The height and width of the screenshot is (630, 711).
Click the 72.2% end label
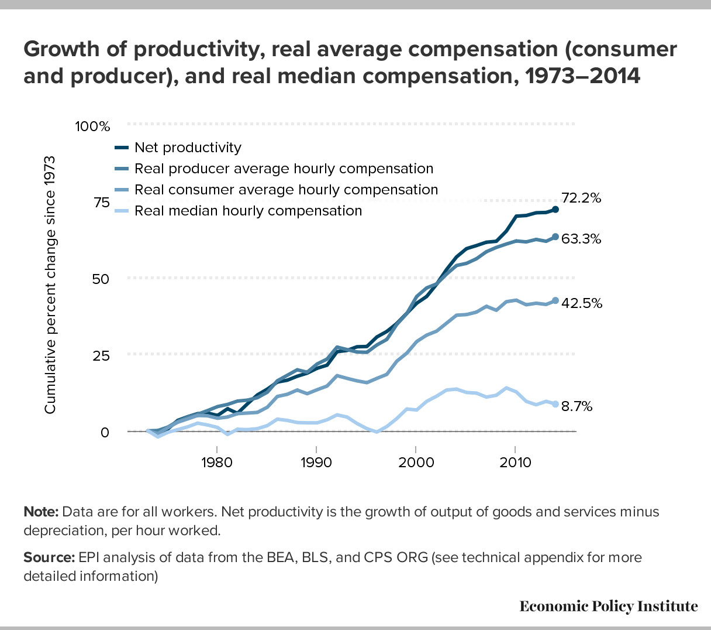[x=581, y=198]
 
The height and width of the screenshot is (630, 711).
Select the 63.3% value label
[x=581, y=239]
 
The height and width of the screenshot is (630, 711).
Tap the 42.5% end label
[x=581, y=303]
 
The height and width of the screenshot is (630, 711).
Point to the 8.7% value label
[x=577, y=406]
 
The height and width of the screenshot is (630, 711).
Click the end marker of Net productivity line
[x=555, y=209]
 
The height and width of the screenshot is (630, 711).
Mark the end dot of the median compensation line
[x=555, y=404]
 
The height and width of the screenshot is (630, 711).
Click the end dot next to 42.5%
[x=555, y=300]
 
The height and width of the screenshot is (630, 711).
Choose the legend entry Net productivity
[x=188, y=148]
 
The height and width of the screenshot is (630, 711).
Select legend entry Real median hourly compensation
[x=248, y=211]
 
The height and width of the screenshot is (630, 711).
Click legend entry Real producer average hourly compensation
[x=284, y=169]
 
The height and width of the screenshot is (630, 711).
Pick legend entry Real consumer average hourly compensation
[x=286, y=190]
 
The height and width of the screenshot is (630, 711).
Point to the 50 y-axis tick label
[x=101, y=279]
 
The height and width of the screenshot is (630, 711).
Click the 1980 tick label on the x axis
[x=217, y=463]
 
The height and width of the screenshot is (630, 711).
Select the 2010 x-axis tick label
[x=515, y=463]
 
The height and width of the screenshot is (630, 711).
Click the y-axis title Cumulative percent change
[x=50, y=285]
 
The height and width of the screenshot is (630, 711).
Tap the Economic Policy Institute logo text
[x=608, y=606]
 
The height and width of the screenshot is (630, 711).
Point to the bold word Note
[x=40, y=512]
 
